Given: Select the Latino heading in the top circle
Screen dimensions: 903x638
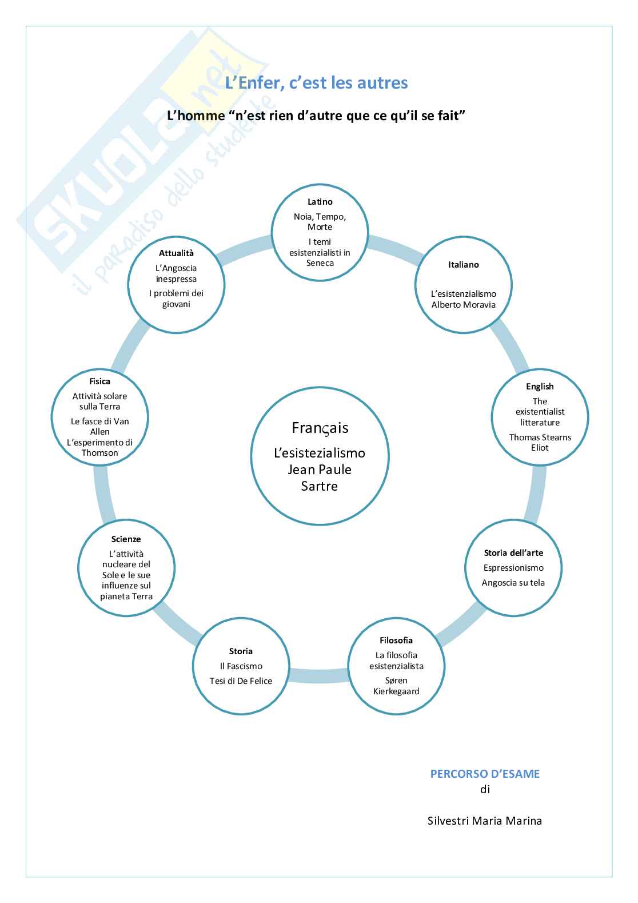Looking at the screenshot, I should pyautogui.click(x=320, y=202).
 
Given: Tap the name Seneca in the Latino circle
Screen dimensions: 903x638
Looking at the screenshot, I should pyautogui.click(x=320, y=263).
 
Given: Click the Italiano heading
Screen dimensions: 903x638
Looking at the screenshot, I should pyautogui.click(x=463, y=265).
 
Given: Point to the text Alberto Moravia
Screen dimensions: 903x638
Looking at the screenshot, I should pyautogui.click(x=463, y=305).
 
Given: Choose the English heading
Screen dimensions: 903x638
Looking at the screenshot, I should pyautogui.click(x=540, y=387).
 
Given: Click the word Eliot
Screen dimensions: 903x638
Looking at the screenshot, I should pyautogui.click(x=540, y=448).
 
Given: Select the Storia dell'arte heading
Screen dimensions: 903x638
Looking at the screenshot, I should pyautogui.click(x=513, y=553).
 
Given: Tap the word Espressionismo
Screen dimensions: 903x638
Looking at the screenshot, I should pyautogui.click(x=513, y=568).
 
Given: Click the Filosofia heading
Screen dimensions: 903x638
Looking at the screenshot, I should pyautogui.click(x=396, y=641).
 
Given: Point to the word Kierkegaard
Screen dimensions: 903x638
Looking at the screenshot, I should pyautogui.click(x=396, y=691).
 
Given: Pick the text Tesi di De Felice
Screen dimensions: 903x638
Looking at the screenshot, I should pyautogui.click(x=241, y=681).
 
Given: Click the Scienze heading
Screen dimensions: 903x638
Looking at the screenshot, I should pyautogui.click(x=126, y=539).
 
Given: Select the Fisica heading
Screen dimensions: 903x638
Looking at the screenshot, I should pyautogui.click(x=99, y=381).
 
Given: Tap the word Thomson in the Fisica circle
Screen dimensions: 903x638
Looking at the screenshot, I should pyautogui.click(x=99, y=453).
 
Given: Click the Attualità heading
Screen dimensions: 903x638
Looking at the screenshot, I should pyautogui.click(x=176, y=253).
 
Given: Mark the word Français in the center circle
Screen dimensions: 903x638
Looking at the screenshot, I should pyautogui.click(x=320, y=428).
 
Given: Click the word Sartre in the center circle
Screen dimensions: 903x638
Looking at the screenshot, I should pyautogui.click(x=320, y=486).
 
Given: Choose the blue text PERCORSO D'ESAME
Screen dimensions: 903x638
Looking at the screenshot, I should pyautogui.click(x=485, y=774).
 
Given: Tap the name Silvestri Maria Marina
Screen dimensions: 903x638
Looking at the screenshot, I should pyautogui.click(x=485, y=821).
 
